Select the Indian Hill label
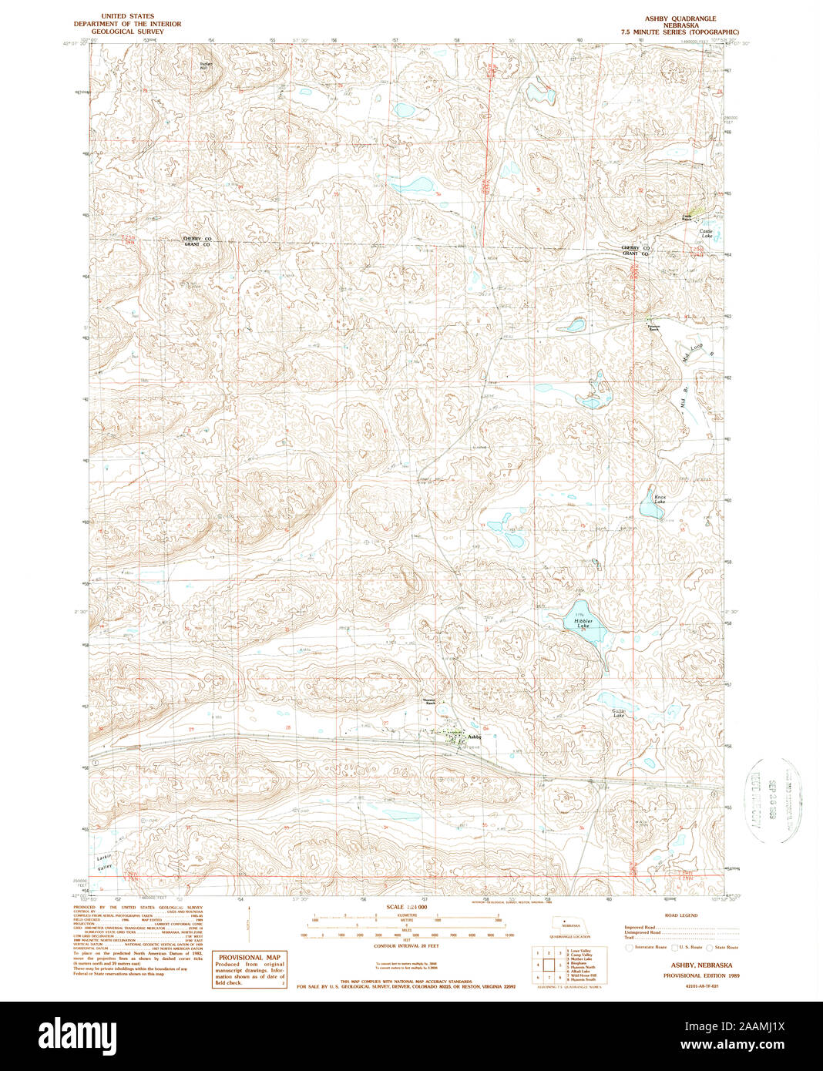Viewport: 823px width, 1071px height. pos(204,66)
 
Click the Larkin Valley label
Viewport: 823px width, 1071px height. pos(105,862)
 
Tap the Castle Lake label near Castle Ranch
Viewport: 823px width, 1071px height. pos(706,232)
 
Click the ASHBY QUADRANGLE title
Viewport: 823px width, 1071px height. pos(680,18)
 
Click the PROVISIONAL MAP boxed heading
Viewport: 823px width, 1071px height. pos(249,957)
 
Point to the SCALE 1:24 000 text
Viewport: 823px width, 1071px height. pos(406,908)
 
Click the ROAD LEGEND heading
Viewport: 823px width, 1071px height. pos(680,915)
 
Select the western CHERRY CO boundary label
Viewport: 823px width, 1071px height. pos(197,239)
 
